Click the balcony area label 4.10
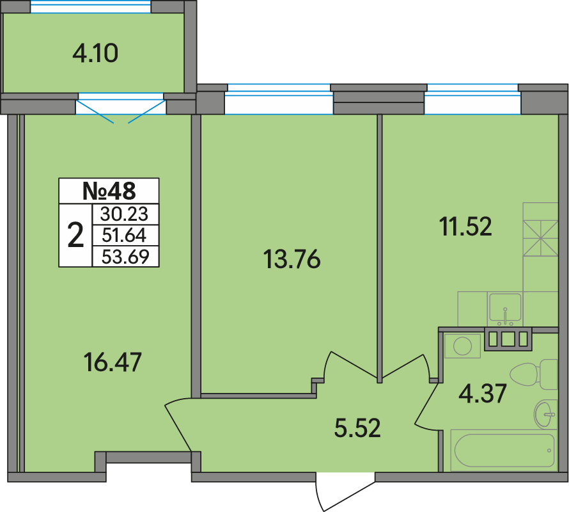95,54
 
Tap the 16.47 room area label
113,362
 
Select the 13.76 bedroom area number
292,259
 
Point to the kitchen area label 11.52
465,226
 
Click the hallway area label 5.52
357,428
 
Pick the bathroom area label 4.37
482,394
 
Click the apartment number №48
109,191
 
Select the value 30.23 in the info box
125,214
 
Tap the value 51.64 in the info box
125,236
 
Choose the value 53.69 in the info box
125,257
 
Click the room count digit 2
75,236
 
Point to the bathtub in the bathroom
504,451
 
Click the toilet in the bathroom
533,374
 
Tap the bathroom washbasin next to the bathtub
545,414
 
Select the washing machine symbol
462,346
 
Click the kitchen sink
505,310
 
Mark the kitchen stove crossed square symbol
540,238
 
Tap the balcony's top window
91,6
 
